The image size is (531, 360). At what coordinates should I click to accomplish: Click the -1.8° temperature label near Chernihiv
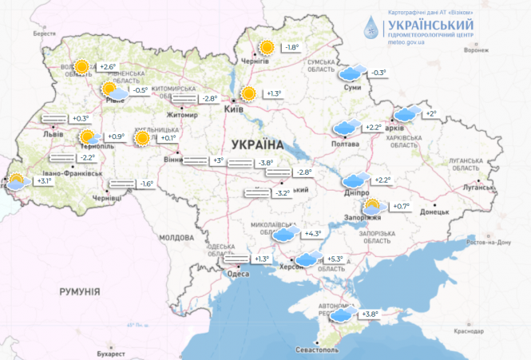[291, 48]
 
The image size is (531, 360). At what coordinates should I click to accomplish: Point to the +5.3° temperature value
[335, 259]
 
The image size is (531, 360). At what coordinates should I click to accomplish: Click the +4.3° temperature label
[312, 234]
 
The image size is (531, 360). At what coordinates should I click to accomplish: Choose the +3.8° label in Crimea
[369, 315]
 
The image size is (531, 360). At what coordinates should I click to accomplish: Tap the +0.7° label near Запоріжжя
[399, 207]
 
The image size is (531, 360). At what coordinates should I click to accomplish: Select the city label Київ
[234, 109]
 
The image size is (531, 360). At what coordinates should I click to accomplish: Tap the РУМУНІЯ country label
[79, 293]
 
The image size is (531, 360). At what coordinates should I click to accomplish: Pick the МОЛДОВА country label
[176, 238]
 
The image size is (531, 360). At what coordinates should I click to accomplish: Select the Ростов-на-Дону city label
[500, 242]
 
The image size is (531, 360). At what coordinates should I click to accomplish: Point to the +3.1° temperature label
[44, 181]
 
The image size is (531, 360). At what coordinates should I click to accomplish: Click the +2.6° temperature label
[108, 66]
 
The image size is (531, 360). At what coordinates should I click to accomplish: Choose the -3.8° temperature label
[266, 164]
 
